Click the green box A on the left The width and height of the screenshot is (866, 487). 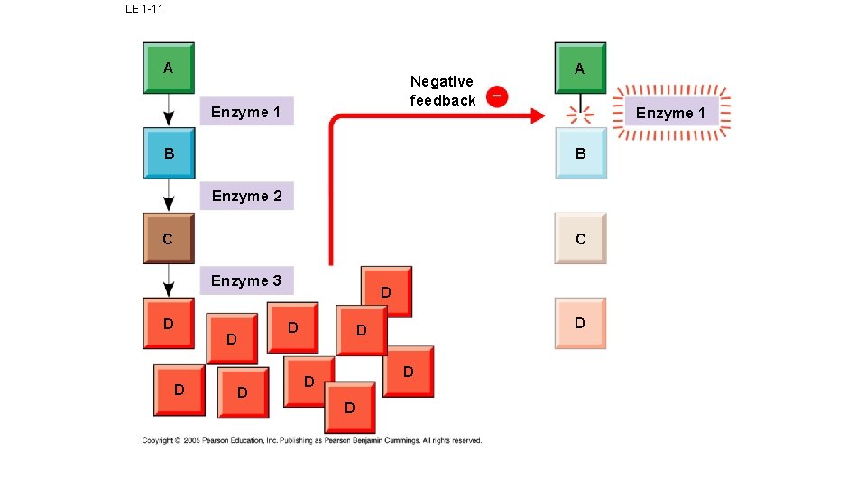pyautogui.click(x=168, y=68)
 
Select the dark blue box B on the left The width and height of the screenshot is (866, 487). pyautogui.click(x=168, y=153)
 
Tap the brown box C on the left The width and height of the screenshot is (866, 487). pyautogui.click(x=168, y=238)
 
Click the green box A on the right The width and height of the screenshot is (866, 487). pyautogui.click(x=579, y=68)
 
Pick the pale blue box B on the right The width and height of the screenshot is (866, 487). pyautogui.click(x=580, y=153)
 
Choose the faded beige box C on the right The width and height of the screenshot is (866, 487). pyautogui.click(x=580, y=238)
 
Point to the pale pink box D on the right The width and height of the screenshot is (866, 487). pyautogui.click(x=580, y=323)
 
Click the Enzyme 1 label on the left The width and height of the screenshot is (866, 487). pyautogui.click(x=246, y=111)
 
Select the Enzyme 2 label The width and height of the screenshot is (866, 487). pyautogui.click(x=246, y=196)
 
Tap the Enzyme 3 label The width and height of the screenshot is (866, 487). pyautogui.click(x=246, y=280)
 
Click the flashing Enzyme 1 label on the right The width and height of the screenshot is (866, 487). pyautogui.click(x=671, y=113)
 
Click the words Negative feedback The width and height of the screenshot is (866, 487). pyautogui.click(x=442, y=91)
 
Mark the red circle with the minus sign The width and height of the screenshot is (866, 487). pyautogui.click(x=497, y=96)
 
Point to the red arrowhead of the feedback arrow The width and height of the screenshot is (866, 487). pyautogui.click(x=538, y=115)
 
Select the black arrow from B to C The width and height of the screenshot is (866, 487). pyautogui.click(x=168, y=196)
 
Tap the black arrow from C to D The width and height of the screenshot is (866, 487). pyautogui.click(x=168, y=280)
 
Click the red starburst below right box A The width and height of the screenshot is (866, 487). pyautogui.click(x=580, y=115)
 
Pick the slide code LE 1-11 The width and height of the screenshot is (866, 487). pyautogui.click(x=144, y=9)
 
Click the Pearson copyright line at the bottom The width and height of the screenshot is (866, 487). pyautogui.click(x=311, y=440)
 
